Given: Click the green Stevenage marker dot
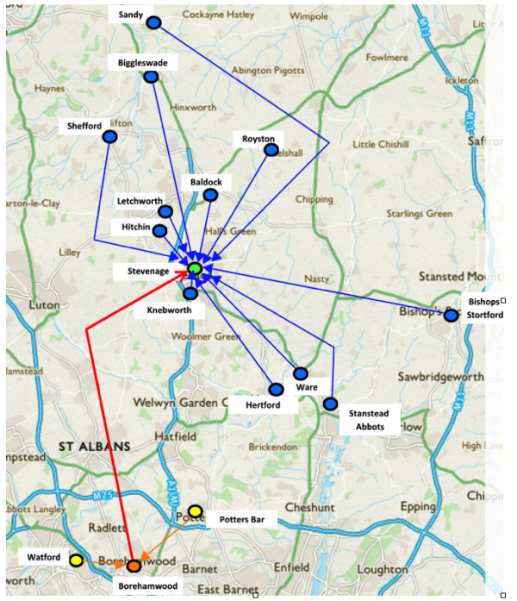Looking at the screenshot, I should coord(196,269).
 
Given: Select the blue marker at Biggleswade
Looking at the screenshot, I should coord(152,77).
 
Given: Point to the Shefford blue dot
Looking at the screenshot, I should coord(109,136).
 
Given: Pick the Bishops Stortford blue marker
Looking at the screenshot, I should coord(451,316).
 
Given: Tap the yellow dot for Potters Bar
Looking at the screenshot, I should coord(196,512).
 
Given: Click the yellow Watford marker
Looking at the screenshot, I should coord(76,560).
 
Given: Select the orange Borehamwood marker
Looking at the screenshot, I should coord(134,566).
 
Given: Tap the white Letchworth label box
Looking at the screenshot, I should coord(140,201).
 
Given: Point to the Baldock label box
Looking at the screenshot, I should coord(206,183).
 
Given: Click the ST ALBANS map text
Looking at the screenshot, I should coord(94,447).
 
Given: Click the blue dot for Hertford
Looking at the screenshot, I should coord(276,390).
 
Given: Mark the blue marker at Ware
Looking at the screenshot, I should coord(300,373).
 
